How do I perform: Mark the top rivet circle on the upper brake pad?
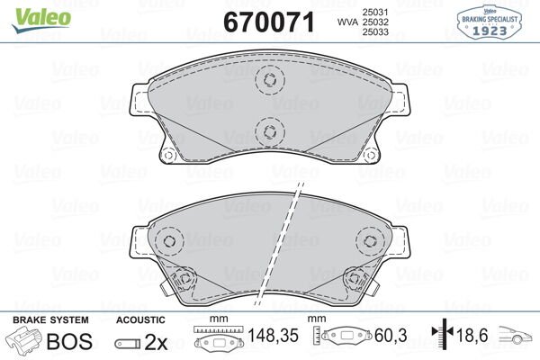[x=268, y=81]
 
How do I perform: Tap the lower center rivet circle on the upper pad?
[x=268, y=131]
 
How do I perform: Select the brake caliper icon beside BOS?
[x=24, y=343]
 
